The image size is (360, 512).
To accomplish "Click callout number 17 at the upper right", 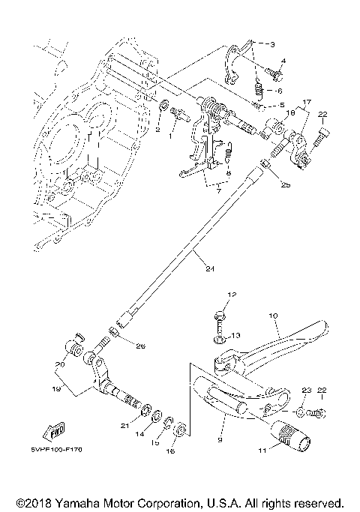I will coord(306,102).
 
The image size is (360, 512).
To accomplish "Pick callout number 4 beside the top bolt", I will coord(283,60).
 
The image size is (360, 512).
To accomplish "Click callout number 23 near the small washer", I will coord(305,391).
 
